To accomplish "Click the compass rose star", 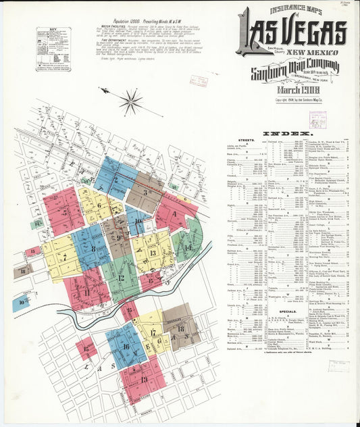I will (x=130, y=101).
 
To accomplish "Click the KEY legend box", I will (x=53, y=49).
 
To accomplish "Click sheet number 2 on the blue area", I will (x=115, y=180).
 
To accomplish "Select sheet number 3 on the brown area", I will (x=147, y=192).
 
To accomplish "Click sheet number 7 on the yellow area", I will (x=64, y=257).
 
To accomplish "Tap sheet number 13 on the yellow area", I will (x=153, y=253).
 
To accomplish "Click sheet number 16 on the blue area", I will (x=126, y=347).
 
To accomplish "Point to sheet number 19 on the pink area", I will (x=145, y=380).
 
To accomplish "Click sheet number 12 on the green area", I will (x=121, y=277).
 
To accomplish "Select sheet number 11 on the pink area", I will (x=86, y=292).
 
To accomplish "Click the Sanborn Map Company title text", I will (x=293, y=72).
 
